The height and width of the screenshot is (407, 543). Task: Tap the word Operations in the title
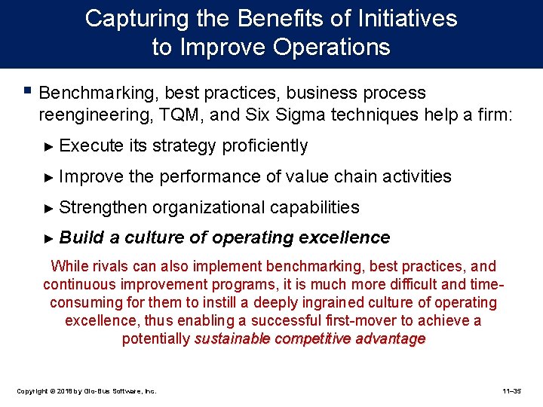click(x=332, y=47)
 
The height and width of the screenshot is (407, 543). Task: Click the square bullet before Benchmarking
click(x=28, y=92)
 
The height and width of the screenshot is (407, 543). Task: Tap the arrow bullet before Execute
click(x=50, y=145)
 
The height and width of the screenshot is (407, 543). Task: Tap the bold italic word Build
click(x=81, y=238)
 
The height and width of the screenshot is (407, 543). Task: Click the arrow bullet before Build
click(x=50, y=238)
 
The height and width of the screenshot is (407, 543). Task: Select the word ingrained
click(x=352, y=302)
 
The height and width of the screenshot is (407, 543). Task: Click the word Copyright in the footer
click(x=33, y=391)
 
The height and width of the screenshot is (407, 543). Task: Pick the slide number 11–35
click(x=517, y=391)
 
